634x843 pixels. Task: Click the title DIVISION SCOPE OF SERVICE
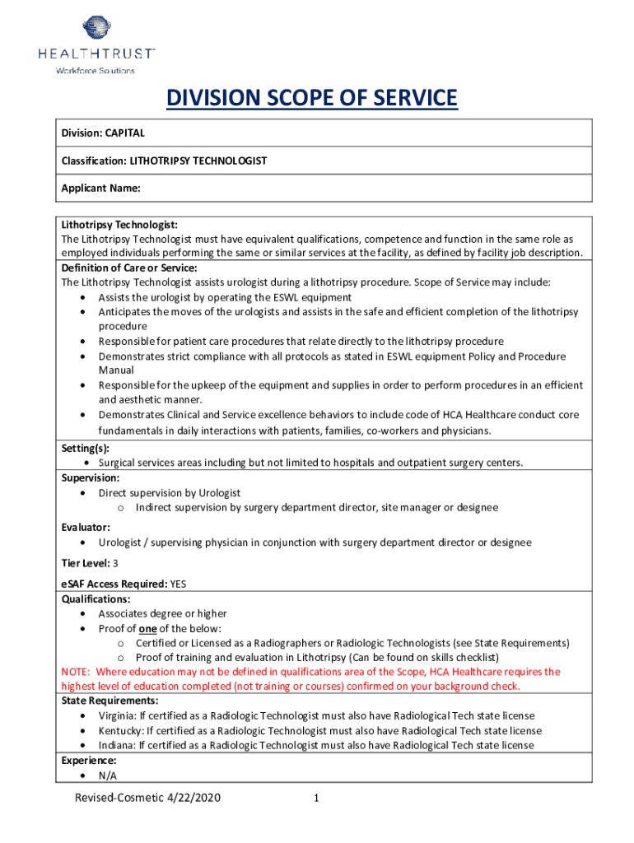(311, 100)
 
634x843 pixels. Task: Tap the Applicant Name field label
(100, 189)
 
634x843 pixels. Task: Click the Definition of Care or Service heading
(129, 268)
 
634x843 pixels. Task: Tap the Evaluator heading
(86, 527)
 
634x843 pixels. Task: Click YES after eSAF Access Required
(178, 585)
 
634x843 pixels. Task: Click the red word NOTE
(77, 672)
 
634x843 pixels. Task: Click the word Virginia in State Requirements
(115, 716)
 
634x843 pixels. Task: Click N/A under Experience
(108, 775)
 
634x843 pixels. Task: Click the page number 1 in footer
(317, 799)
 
